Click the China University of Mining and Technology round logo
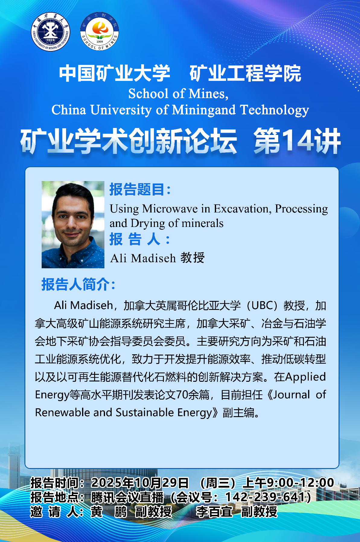coord(51,32)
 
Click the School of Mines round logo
coord(100,31)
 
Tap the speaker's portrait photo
coord(73,225)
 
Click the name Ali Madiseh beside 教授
coord(143,258)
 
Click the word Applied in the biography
coord(305,377)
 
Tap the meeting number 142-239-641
coord(265,497)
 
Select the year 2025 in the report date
coord(106,483)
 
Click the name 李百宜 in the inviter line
coord(214,512)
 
